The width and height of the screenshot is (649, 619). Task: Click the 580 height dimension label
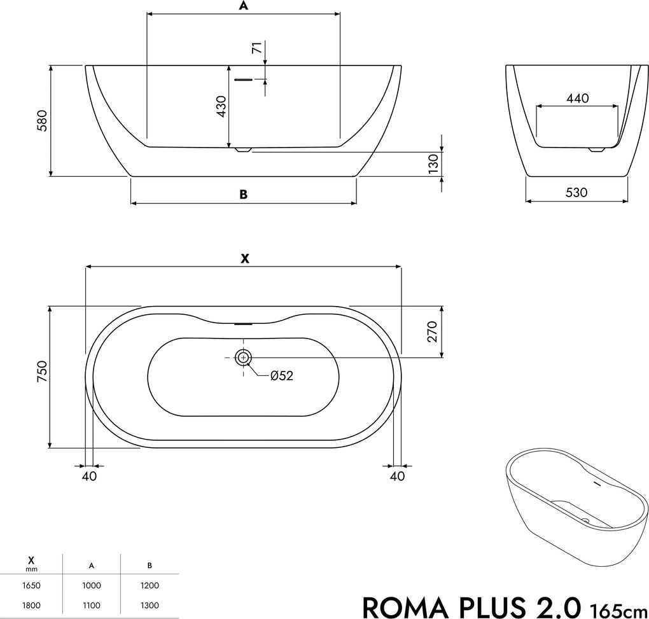(41, 120)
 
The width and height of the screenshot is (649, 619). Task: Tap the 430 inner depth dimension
(221, 107)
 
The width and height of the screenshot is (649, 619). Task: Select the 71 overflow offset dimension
(257, 49)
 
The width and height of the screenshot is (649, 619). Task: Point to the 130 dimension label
(433, 163)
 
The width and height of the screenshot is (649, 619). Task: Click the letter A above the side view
(242, 6)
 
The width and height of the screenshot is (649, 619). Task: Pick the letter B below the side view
(243, 195)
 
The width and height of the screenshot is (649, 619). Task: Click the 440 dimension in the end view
(577, 98)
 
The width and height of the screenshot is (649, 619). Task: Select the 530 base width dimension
(576, 192)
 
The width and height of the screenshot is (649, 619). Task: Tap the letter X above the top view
(244, 259)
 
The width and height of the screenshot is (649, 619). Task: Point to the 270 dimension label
(432, 331)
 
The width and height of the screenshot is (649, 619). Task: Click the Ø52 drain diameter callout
(281, 376)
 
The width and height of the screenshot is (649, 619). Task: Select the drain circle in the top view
(244, 358)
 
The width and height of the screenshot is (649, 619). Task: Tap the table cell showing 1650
(31, 585)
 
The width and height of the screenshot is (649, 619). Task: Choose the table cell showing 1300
(149, 606)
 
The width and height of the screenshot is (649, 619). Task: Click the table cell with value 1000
(91, 585)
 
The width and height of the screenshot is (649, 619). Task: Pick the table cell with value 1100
(91, 606)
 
